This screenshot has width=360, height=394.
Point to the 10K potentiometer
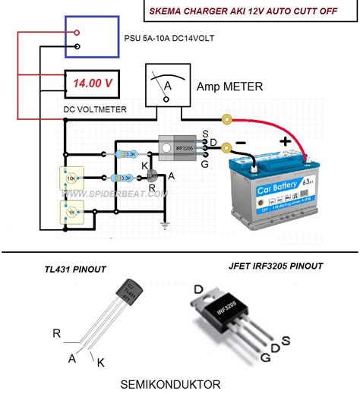[71, 179]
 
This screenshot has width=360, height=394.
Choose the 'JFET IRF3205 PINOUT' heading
[276, 266]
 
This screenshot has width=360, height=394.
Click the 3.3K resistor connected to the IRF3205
[127, 153]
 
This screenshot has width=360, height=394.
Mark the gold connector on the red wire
[226, 118]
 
